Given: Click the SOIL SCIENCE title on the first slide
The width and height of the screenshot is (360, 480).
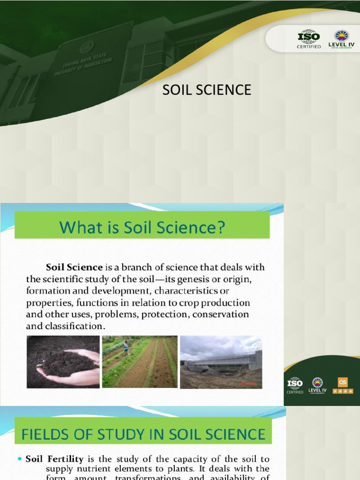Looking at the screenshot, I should (x=207, y=90).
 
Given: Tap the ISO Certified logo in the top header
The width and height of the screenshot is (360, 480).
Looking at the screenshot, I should (x=309, y=38).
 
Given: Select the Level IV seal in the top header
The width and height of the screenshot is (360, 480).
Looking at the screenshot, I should (x=341, y=38).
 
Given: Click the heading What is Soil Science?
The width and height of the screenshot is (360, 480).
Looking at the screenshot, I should (x=142, y=228).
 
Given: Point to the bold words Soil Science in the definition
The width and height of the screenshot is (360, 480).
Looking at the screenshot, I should (x=74, y=268).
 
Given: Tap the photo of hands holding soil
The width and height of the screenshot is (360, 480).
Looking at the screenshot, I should (x=63, y=361).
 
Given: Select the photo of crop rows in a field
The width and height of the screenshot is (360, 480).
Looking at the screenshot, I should (x=140, y=361).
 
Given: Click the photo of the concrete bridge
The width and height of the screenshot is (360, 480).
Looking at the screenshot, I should (x=221, y=361).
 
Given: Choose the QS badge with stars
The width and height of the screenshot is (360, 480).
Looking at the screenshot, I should (x=343, y=385).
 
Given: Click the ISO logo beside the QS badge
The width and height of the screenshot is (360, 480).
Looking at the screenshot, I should (x=295, y=385).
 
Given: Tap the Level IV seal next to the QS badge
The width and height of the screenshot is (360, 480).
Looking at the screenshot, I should (x=317, y=385).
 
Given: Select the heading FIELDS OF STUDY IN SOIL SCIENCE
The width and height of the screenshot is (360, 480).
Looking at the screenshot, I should (x=143, y=434).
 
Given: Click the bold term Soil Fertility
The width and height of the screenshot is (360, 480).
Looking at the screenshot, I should (x=54, y=459).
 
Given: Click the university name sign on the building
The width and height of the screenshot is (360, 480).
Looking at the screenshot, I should (x=83, y=63).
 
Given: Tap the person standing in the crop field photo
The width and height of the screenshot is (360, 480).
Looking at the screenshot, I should (x=126, y=347).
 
